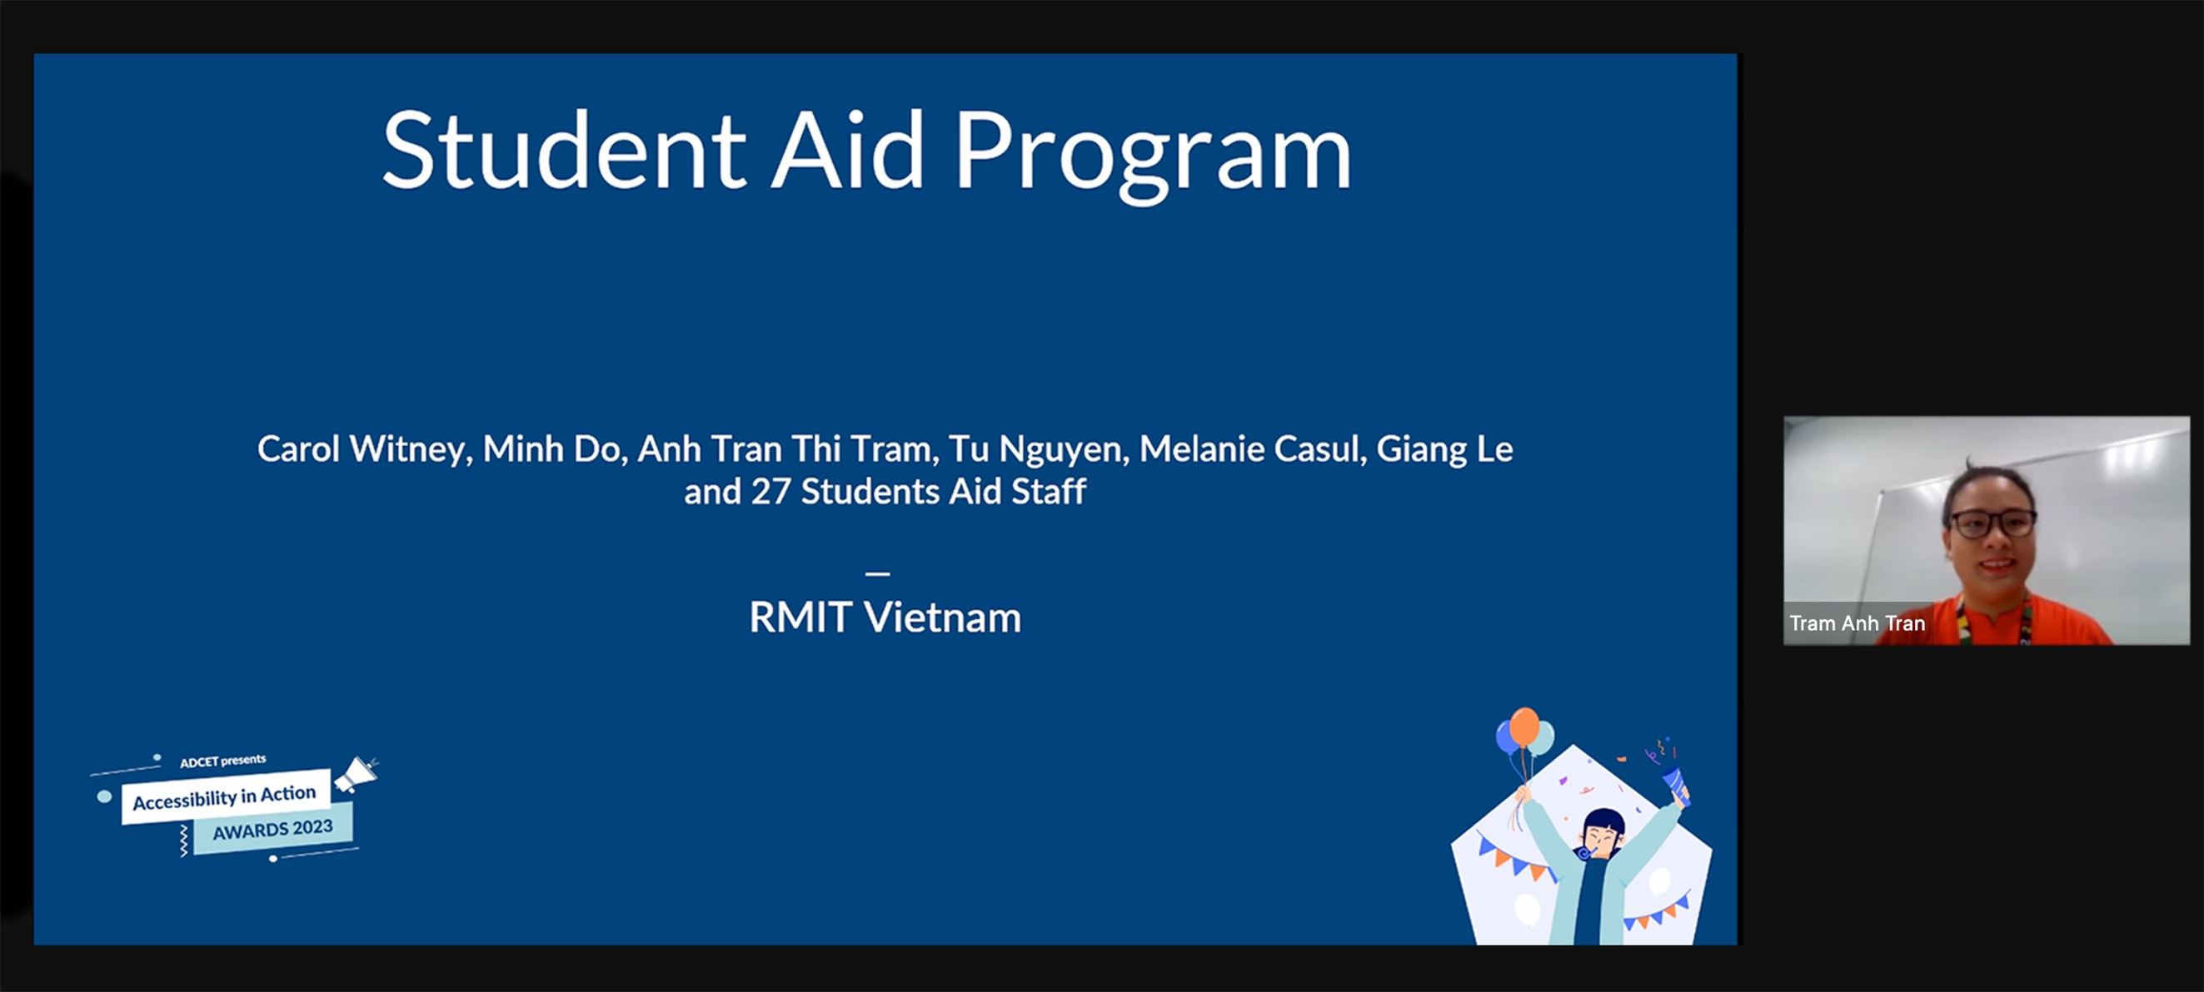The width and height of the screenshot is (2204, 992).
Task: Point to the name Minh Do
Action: (552, 449)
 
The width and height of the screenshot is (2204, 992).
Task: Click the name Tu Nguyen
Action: (1038, 449)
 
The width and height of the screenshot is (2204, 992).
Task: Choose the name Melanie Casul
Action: (1252, 449)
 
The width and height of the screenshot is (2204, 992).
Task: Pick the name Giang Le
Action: (1444, 449)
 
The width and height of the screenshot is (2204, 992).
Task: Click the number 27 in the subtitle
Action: (770, 492)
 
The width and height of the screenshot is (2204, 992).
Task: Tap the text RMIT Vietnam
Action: (885, 617)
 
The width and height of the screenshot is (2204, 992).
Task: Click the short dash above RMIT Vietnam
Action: (878, 573)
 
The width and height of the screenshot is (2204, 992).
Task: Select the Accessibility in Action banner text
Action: (224, 797)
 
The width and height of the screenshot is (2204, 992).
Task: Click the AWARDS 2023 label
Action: (272, 830)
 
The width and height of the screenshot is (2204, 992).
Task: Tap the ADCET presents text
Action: (222, 761)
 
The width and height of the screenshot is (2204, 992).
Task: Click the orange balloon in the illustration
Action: (1523, 727)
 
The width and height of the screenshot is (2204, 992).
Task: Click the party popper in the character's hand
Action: (1673, 782)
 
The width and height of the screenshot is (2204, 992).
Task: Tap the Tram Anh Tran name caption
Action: (1857, 623)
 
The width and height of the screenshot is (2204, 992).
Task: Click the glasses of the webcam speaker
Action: (1992, 523)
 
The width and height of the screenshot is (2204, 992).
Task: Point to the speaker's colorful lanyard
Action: (2024, 620)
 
